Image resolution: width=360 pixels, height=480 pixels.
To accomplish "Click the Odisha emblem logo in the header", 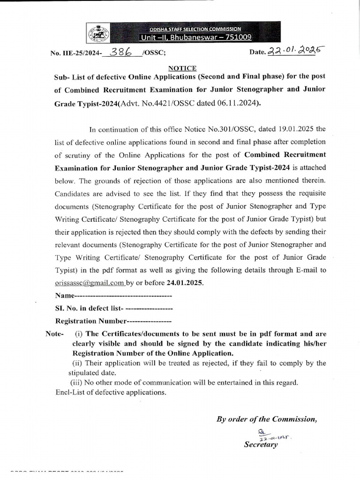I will (98, 33).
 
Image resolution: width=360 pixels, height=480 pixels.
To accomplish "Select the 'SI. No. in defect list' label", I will (89, 308).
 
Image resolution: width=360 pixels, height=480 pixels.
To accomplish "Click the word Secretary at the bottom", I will (261, 444).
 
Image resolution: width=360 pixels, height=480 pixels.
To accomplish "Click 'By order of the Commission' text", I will (267, 419).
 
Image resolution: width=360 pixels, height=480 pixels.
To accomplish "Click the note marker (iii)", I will (76, 382).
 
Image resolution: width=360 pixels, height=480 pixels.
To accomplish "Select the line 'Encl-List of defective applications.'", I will (111, 392).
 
